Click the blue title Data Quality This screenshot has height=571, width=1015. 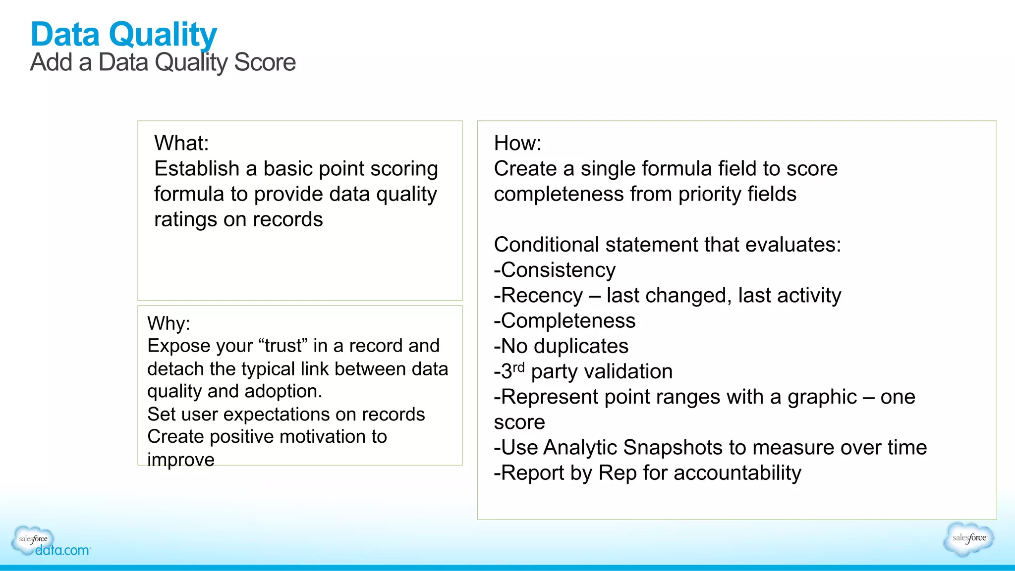pos(123,35)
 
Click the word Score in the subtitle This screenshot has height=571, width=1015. pos(265,63)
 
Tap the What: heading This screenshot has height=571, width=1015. pos(181,144)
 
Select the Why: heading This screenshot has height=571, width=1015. pos(169,323)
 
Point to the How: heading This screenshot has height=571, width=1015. pos(517,144)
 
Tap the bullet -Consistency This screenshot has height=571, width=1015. pos(555,270)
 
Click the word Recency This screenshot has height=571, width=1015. pos(542,296)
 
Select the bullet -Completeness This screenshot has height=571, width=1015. pos(564,321)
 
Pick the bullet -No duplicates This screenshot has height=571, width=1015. pos(561,346)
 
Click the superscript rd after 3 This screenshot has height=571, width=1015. pos(518,367)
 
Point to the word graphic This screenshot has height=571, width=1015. pos(822,397)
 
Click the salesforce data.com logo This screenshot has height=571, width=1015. pos(50,542)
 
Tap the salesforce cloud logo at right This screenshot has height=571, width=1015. pos(968,538)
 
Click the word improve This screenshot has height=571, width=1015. pos(181,460)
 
